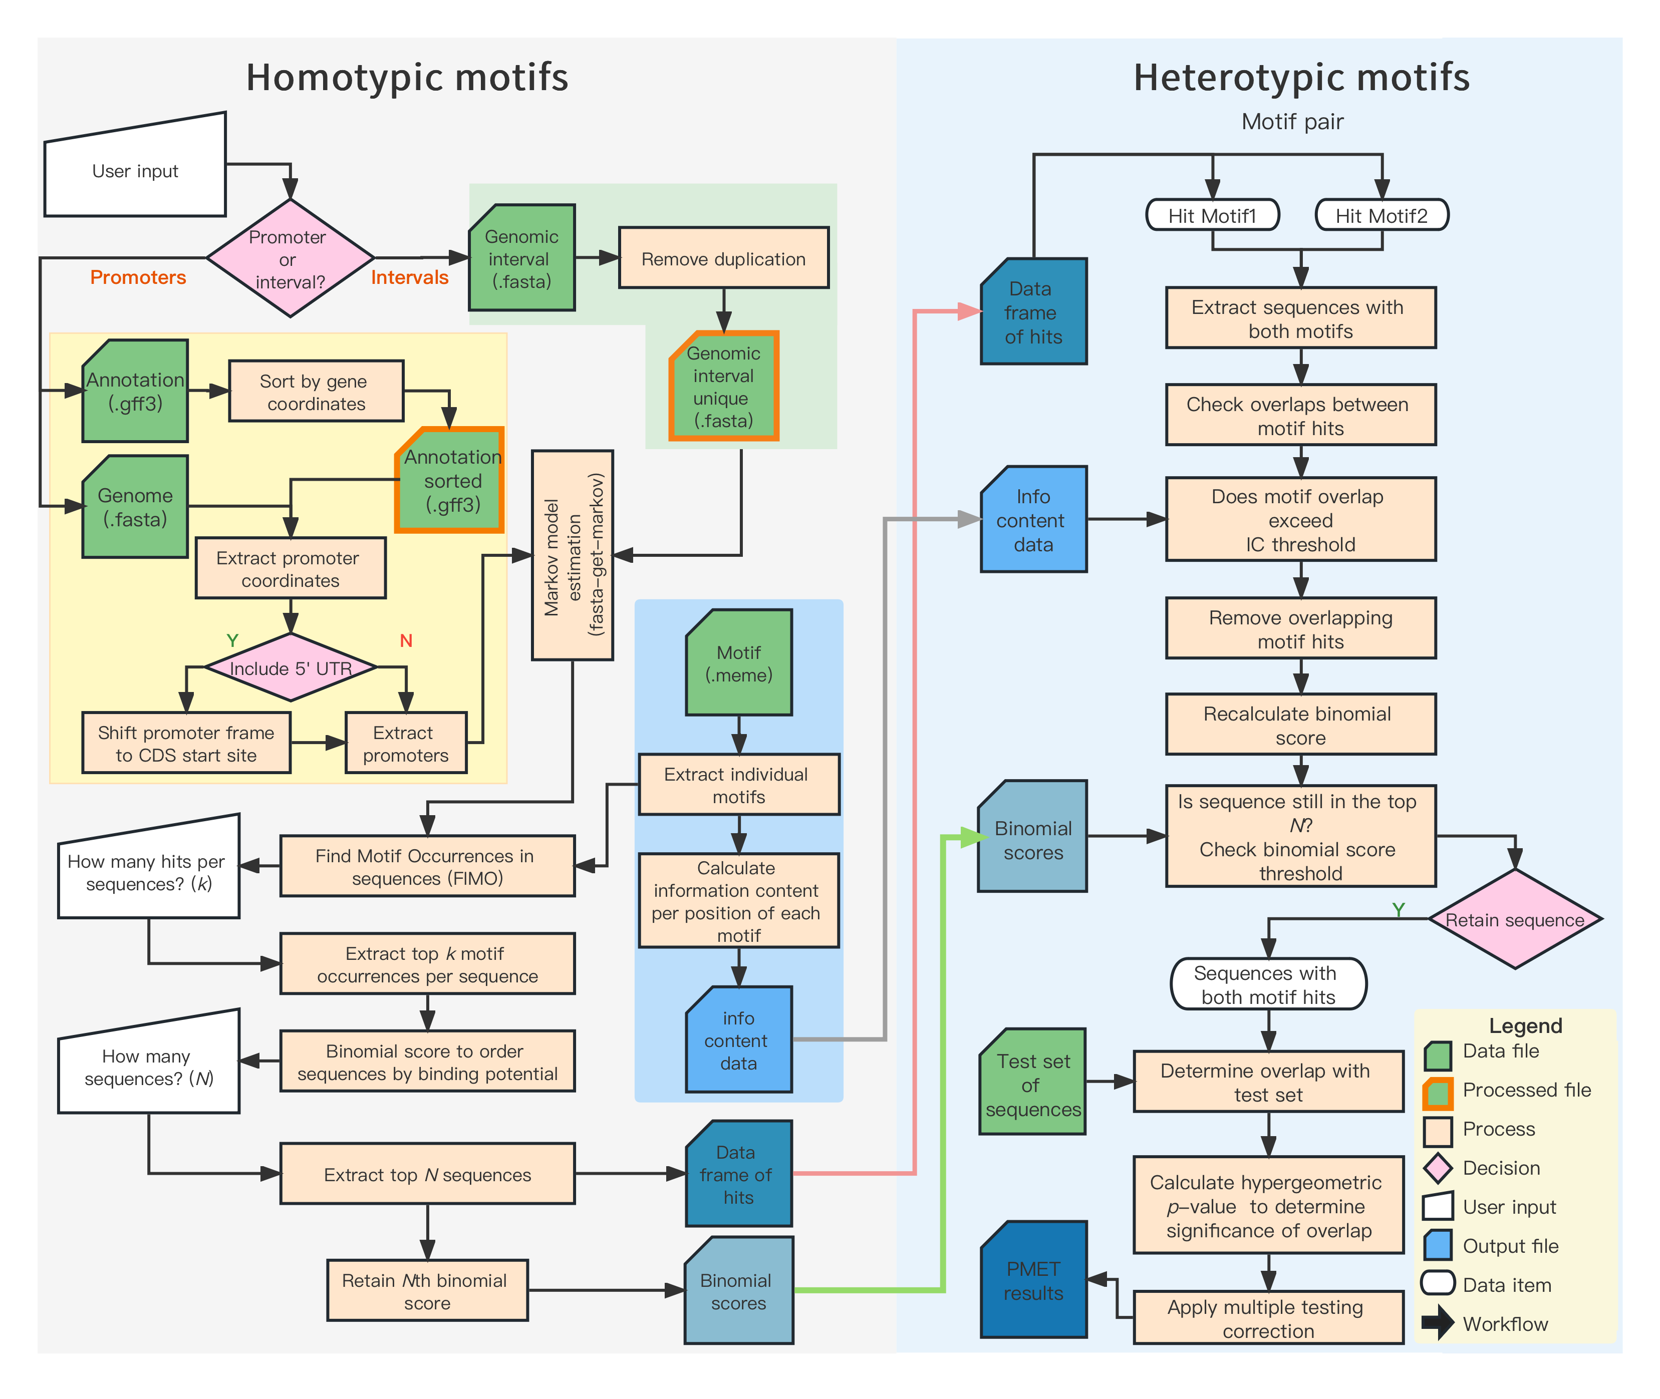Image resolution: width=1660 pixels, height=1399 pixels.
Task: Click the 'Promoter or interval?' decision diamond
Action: point(290,258)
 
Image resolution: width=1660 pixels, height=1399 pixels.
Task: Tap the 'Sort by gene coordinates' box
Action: point(316,392)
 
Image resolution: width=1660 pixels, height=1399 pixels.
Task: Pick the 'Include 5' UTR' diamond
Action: point(291,668)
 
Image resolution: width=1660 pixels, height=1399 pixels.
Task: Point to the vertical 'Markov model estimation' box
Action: point(572,555)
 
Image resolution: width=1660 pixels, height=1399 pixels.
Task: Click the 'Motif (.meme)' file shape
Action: point(739,663)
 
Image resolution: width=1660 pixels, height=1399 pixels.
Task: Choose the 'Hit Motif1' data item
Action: point(1213,215)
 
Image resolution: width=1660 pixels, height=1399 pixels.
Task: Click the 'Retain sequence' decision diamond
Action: point(1514,919)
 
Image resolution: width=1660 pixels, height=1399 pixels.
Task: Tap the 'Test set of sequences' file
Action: point(1032,1084)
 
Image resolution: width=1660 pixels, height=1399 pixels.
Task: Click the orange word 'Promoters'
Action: point(138,277)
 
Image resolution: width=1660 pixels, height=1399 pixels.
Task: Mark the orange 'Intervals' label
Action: point(409,277)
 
